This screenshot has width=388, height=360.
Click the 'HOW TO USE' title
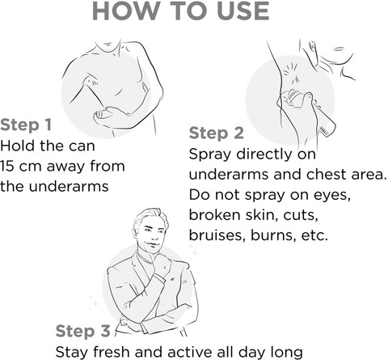coord(180,11)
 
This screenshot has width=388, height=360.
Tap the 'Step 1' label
coord(26,125)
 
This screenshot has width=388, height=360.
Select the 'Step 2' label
coord(217,133)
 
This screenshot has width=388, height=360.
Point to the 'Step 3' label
coord(83,331)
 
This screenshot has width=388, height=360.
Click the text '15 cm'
coord(21,166)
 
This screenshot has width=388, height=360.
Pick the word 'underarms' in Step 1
coord(69,186)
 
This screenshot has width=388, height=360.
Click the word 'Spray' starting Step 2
coord(210,155)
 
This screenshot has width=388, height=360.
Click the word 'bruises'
coord(217,235)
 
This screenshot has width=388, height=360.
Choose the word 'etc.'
coord(314,235)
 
